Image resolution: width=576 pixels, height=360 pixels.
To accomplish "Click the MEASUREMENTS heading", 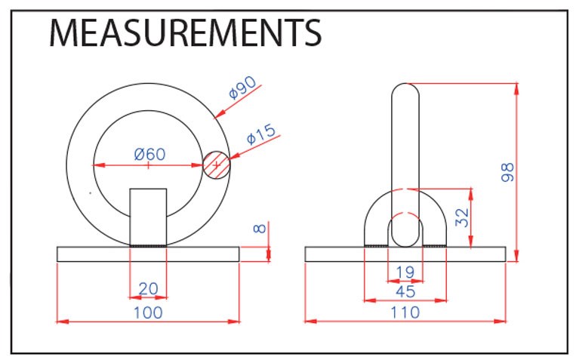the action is click(186, 33).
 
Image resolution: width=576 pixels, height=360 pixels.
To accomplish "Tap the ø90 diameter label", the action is click(242, 88).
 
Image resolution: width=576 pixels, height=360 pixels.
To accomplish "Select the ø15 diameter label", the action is click(260, 134).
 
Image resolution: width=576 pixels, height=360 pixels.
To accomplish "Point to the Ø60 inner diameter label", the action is click(150, 154).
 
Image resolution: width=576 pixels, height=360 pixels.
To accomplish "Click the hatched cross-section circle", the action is click(217, 165).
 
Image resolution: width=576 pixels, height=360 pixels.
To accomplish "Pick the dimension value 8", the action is click(260, 229).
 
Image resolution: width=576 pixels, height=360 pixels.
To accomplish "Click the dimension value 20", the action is click(149, 289).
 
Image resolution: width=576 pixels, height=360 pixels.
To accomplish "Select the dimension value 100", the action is click(148, 312).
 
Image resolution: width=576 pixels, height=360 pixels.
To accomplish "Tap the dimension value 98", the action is click(507, 172).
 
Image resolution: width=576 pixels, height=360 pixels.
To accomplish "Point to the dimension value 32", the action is click(462, 217).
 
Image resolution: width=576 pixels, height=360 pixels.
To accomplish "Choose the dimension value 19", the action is click(405, 272).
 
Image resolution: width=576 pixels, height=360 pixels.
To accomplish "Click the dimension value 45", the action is click(405, 291).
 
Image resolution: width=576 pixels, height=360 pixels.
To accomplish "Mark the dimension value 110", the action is click(405, 312).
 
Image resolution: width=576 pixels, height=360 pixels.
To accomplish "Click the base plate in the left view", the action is click(148, 254).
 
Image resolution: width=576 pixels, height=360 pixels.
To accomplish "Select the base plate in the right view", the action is click(405, 254).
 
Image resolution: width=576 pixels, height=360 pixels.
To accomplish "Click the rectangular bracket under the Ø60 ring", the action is click(149, 217).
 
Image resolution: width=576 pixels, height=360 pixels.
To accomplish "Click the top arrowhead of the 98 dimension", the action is click(516, 89).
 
